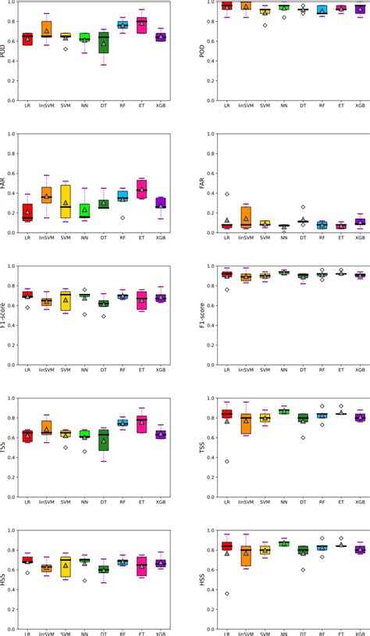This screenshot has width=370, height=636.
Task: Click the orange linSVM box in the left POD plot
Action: click(x=46, y=30)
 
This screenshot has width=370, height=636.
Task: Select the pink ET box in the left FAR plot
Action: click(x=141, y=188)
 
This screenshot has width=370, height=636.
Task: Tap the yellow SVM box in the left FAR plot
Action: click(x=66, y=202)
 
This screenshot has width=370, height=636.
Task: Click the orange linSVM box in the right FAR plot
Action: click(x=246, y=216)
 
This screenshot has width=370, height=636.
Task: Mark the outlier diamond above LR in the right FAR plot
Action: click(x=227, y=194)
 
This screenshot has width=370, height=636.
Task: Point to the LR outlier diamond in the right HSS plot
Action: click(x=227, y=594)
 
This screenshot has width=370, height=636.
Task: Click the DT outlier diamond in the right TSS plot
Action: click(x=303, y=438)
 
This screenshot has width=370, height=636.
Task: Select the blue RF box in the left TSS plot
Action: click(x=123, y=423)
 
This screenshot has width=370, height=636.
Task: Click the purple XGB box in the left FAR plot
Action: click(x=160, y=202)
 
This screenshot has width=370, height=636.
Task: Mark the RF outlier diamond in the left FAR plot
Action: click(x=123, y=218)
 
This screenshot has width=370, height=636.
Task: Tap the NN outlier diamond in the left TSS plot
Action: click(x=84, y=452)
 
